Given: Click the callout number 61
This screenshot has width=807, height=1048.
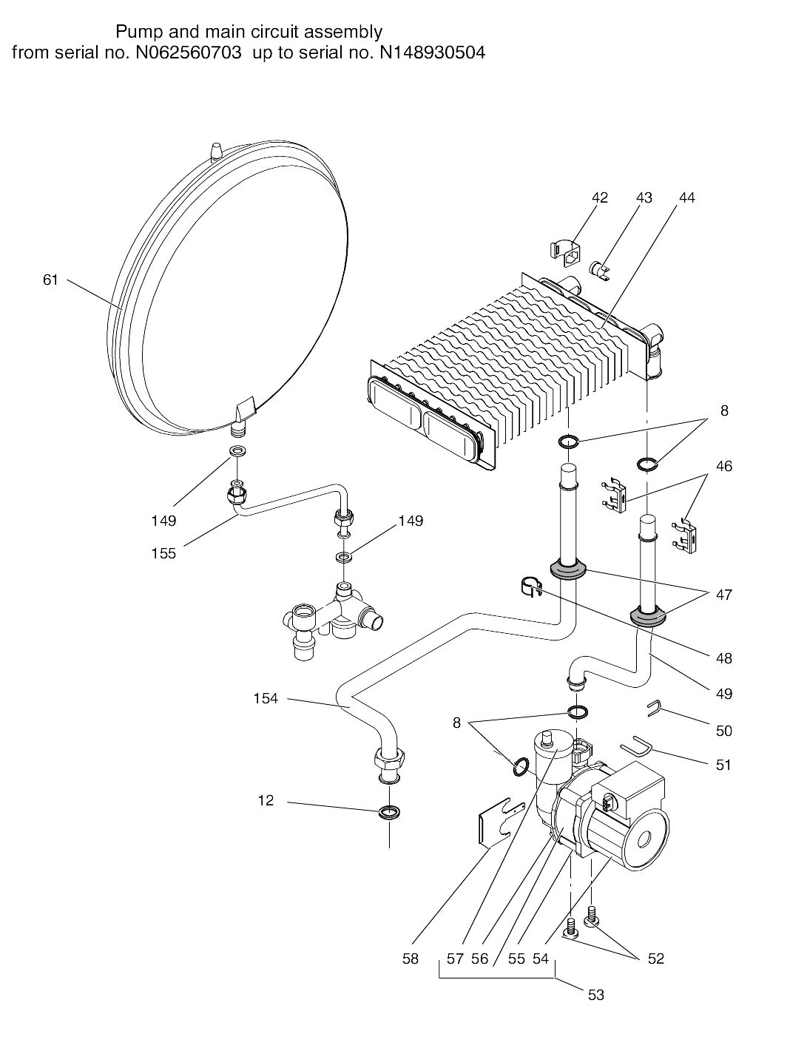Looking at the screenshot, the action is tap(50, 280).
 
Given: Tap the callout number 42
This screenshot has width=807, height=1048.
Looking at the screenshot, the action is tap(600, 197).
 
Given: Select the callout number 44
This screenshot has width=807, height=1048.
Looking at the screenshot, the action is tap(687, 197).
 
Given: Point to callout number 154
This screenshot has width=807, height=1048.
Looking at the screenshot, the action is tap(266, 698).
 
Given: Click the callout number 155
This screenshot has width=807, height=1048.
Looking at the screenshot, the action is tap(163, 553).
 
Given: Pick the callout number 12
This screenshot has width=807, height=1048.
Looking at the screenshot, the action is tap(266, 800).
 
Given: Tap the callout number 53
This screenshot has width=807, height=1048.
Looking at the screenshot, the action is tap(595, 995).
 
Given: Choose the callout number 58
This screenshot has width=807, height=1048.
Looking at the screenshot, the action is tap(410, 959).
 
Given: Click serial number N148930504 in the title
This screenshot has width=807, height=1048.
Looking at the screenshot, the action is tap(433, 52).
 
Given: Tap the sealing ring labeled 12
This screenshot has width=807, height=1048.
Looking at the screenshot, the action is tap(389, 811).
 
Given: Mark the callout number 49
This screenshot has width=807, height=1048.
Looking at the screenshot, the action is tap(723, 694).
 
